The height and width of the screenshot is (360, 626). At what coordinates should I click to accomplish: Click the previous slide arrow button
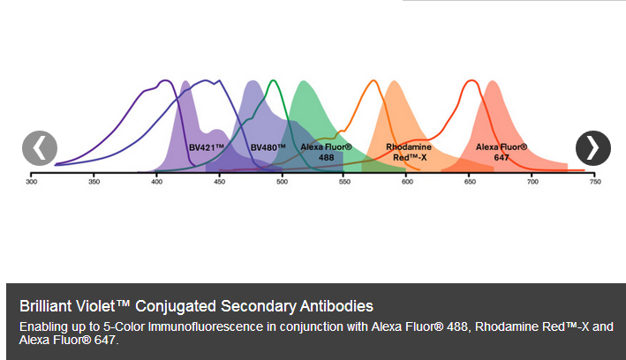[40, 148]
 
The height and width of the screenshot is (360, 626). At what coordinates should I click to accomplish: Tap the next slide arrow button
[592, 148]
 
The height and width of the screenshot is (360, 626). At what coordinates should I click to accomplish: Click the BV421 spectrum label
[206, 147]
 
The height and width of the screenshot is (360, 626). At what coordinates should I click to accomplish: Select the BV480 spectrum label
[268, 147]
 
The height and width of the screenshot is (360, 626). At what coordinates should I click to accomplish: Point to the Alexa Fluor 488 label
[326, 152]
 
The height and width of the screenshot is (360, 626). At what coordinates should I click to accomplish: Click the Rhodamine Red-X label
[409, 152]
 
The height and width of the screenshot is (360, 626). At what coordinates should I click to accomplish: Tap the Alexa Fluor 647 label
[502, 152]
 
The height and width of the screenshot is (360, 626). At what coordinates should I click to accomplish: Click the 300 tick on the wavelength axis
[31, 182]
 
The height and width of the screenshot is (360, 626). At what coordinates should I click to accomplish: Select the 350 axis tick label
[94, 182]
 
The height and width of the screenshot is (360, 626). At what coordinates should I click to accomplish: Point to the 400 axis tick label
[156, 182]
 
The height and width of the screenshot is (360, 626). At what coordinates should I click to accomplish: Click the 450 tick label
[219, 182]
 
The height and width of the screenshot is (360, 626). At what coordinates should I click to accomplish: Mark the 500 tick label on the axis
[282, 182]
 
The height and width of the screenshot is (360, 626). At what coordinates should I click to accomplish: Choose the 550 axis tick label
[344, 182]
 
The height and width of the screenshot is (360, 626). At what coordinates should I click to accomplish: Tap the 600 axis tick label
[407, 182]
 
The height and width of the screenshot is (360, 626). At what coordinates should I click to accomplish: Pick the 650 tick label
[470, 182]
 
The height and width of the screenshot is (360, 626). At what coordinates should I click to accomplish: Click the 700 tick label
[532, 182]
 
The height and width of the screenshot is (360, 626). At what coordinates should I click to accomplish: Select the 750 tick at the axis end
[595, 182]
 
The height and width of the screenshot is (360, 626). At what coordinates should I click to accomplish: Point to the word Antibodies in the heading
[336, 306]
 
